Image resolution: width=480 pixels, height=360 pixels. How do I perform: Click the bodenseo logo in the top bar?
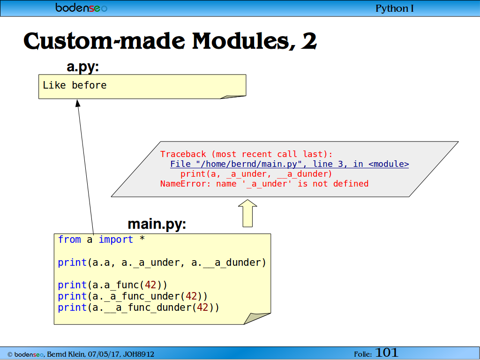(x=81, y=7)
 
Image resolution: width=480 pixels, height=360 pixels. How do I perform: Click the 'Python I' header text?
(x=394, y=8)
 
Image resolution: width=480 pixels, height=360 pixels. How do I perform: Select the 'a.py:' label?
(x=82, y=67)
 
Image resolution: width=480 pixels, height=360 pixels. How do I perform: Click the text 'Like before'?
(x=75, y=85)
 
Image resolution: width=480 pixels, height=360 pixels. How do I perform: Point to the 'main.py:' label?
(x=157, y=224)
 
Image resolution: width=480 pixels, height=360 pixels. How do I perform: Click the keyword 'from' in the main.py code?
(x=69, y=240)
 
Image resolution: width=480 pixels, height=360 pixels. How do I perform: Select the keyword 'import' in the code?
(x=116, y=240)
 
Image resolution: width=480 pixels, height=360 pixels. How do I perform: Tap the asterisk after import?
(x=142, y=239)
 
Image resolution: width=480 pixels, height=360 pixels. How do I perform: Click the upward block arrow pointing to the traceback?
(x=247, y=213)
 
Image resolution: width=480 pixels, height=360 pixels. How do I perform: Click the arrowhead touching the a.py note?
(x=78, y=103)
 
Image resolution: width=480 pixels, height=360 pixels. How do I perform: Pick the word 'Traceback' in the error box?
(x=183, y=154)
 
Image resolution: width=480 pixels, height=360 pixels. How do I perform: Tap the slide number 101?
(x=386, y=352)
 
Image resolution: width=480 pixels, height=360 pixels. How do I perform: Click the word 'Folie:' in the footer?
(x=363, y=354)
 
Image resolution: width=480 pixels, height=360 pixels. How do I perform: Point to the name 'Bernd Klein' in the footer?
(x=66, y=354)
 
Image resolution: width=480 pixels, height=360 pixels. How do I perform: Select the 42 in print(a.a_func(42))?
(x=150, y=285)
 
